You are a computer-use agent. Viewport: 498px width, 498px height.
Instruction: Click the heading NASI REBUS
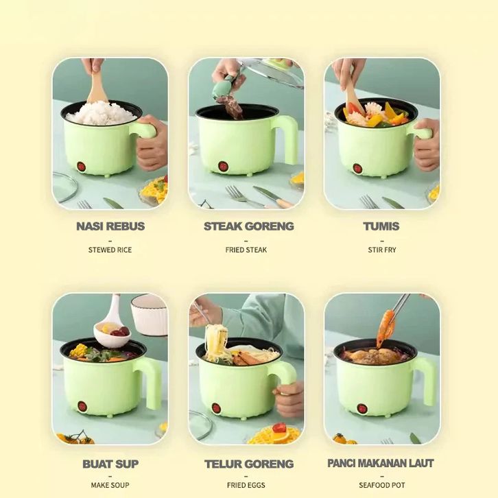pos(110,226)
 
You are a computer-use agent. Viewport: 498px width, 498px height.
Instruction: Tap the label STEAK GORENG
pos(249,226)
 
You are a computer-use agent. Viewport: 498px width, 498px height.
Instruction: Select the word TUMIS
pos(381,226)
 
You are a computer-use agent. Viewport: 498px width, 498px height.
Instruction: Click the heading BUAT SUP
pos(110,464)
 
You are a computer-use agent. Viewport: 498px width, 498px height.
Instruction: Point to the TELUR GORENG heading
pos(249,464)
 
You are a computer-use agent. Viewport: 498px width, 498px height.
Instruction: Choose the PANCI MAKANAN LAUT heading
pos(381,463)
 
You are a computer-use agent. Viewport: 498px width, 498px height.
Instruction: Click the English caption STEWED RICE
pos(110,250)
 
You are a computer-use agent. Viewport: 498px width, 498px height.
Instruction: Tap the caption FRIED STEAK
pos(246,250)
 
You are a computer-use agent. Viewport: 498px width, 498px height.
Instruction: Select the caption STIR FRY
pos(382,250)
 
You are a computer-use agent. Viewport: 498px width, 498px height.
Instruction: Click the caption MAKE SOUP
pos(110,485)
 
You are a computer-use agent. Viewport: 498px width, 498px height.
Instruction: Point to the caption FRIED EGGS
pos(246,485)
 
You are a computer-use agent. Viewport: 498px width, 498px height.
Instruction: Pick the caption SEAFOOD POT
pos(382,485)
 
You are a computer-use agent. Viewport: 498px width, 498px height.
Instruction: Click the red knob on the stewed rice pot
pos(82,167)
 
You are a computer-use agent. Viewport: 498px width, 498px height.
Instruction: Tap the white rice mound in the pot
pos(102,113)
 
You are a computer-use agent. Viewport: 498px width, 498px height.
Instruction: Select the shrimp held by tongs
pos(386,329)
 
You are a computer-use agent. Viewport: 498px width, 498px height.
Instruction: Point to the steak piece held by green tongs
pos(231,108)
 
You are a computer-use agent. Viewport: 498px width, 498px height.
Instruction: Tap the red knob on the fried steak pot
pos(223,166)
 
